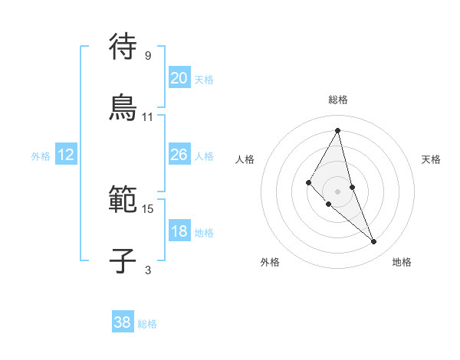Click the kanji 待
(123, 47)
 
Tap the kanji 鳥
(123, 107)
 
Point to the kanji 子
(123, 260)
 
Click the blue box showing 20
(179, 78)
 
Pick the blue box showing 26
(179, 155)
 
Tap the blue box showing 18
(179, 231)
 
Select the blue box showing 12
(66, 155)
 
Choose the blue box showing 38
(123, 322)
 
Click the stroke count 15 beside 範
(148, 208)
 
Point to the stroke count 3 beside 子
(148, 270)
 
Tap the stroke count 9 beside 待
(148, 55)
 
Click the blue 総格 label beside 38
(147, 324)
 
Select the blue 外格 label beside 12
(41, 156)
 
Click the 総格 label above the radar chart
(338, 100)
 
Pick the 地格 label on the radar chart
(402, 262)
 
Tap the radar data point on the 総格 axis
(337, 129)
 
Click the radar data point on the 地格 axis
(374, 242)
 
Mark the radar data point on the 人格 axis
(309, 182)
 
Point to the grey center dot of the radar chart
(337, 191)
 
